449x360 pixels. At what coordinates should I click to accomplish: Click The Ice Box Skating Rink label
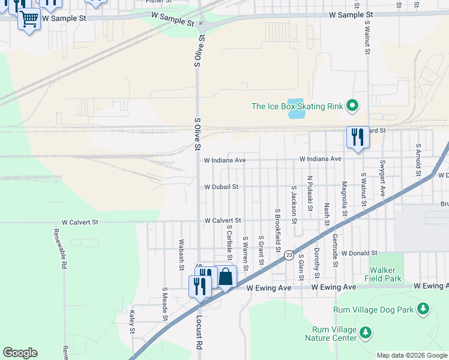click(x=297, y=107)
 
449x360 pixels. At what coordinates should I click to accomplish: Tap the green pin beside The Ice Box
click(x=352, y=107)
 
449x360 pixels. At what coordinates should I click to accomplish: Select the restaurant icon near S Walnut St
click(x=358, y=137)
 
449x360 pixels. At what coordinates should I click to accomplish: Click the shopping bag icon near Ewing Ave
click(x=226, y=278)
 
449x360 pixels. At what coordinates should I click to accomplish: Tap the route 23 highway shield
click(x=289, y=254)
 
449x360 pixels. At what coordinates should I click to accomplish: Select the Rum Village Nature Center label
click(x=334, y=334)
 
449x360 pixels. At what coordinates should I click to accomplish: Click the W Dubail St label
click(x=221, y=187)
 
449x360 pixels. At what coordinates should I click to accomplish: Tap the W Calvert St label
click(x=222, y=221)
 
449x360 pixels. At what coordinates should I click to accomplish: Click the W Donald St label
click(x=359, y=254)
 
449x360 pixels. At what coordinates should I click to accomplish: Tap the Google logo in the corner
click(x=20, y=353)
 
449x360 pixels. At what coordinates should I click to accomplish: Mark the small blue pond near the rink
click(x=296, y=109)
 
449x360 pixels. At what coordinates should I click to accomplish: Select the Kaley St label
click(x=132, y=322)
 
